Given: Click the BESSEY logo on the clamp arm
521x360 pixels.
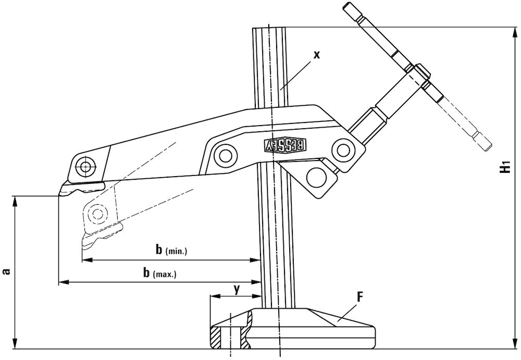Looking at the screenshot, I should pos(287,145).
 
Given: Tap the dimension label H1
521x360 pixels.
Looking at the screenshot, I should pos(504,168).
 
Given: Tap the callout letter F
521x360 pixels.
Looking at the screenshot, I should pos(359,297).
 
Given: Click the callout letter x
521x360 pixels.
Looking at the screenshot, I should pos(317,54).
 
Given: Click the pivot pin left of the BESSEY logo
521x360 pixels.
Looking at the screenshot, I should pos(226,154).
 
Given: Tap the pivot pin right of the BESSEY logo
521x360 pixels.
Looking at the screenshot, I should pos(342,150).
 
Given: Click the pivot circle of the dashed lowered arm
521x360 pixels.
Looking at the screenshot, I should pos(96,212).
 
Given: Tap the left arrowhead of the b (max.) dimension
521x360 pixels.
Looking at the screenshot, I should pos(61,282).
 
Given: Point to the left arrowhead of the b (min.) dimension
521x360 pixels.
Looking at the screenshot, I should pos(85,259).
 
